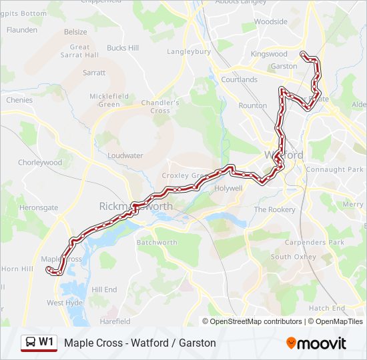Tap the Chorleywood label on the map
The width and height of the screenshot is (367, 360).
click(x=40, y=163)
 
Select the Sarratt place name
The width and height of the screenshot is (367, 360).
click(x=94, y=72)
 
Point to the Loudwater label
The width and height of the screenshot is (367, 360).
click(x=125, y=155)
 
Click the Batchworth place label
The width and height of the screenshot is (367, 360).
click(x=157, y=243)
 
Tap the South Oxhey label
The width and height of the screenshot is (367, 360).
click(x=294, y=257)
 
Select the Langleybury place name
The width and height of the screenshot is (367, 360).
click(x=189, y=51)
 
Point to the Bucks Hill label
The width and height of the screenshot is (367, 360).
click(x=123, y=48)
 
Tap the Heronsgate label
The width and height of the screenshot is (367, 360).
click(x=39, y=208)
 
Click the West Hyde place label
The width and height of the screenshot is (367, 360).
click(x=65, y=303)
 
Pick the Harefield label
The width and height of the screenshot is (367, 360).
click(x=115, y=322)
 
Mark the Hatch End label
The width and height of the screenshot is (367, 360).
click(x=327, y=309)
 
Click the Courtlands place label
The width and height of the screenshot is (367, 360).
click(x=239, y=80)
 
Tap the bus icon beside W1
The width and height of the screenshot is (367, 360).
click(x=31, y=343)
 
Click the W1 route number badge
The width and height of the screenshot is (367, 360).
click(x=46, y=343)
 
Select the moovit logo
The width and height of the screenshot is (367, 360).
click(x=316, y=343)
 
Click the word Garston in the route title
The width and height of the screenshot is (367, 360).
click(x=198, y=343)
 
